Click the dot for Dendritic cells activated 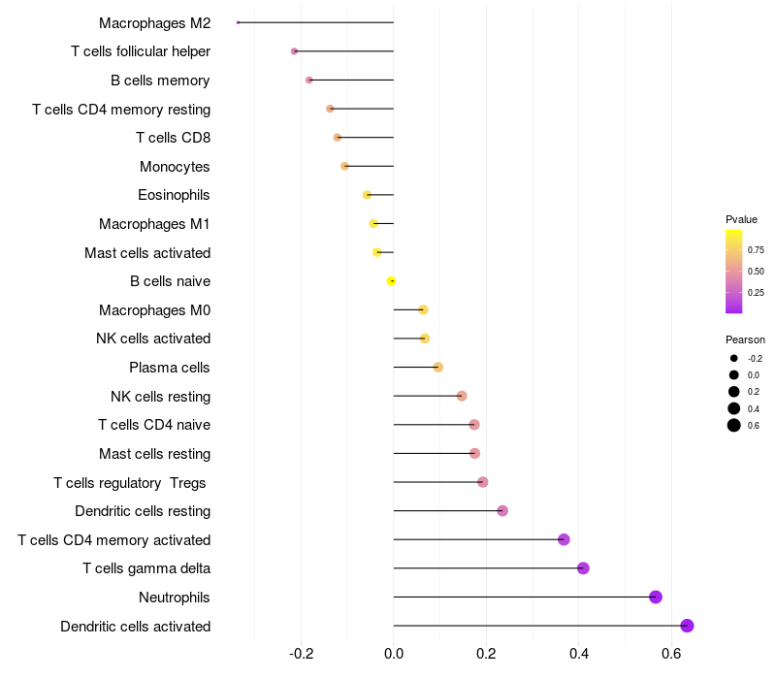[x=687, y=626]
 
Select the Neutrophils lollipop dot [x=656, y=597]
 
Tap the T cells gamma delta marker [x=583, y=568]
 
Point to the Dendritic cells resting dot [x=502, y=511]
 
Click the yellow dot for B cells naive [x=391, y=281]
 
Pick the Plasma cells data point [x=437, y=368]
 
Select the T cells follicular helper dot [x=295, y=51]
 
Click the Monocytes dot [x=344, y=166]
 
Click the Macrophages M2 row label [x=154, y=22]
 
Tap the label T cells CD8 [x=173, y=138]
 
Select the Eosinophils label [x=174, y=195]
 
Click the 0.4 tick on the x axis [x=579, y=655]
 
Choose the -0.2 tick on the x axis [x=301, y=655]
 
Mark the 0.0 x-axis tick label [x=394, y=655]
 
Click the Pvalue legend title [x=741, y=219]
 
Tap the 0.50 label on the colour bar [x=756, y=271]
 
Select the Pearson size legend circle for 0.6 [x=734, y=425]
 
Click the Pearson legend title [x=745, y=339]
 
